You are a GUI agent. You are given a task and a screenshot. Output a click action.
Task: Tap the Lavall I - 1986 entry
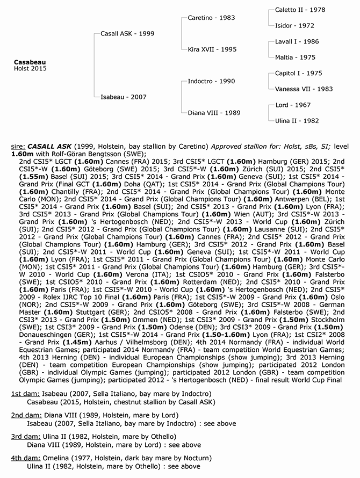click(297, 41)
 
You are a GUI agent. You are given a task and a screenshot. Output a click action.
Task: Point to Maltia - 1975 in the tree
click(295, 57)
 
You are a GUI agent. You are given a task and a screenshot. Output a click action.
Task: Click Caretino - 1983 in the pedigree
click(211, 18)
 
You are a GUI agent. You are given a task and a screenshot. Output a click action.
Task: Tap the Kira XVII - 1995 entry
click(212, 49)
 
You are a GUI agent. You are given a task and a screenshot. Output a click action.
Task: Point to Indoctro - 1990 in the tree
click(211, 81)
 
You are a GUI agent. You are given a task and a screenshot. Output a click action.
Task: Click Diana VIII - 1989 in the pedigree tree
click(214, 113)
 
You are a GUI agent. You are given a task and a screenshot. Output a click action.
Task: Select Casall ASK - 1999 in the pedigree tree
click(127, 33)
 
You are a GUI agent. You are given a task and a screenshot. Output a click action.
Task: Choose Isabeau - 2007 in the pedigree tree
click(123, 97)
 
